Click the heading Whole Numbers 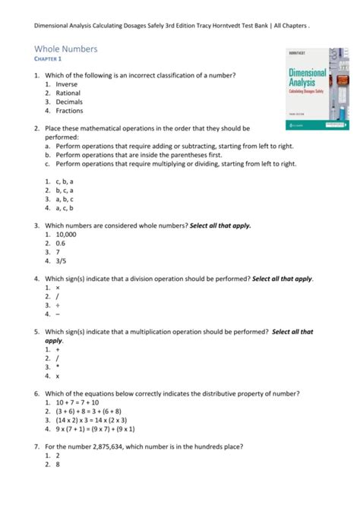[66, 49]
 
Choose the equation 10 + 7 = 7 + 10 [77, 402]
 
